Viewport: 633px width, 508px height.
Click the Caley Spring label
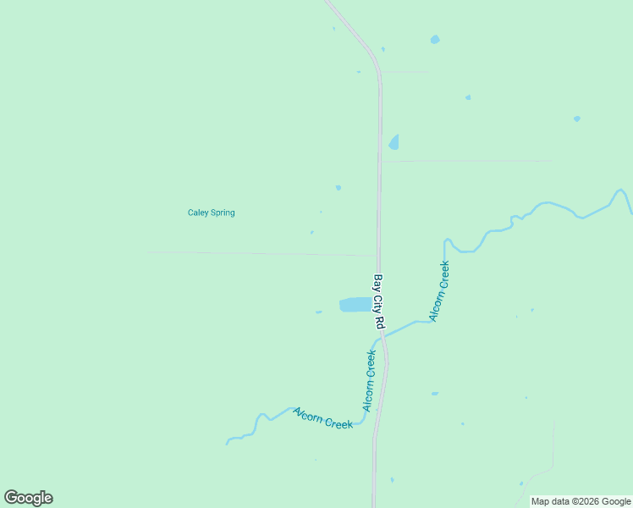click(211, 213)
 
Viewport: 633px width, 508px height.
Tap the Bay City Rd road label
click(379, 301)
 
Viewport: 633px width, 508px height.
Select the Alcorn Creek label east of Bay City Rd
click(439, 291)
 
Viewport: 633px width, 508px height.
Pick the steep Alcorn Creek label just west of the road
click(370, 380)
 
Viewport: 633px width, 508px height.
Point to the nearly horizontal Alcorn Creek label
click(322, 418)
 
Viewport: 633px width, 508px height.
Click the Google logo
click(29, 498)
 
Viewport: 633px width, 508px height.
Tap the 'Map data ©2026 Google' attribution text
click(581, 501)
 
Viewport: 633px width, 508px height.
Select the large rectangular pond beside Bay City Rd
click(355, 305)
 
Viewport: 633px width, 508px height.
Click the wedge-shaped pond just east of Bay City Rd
click(394, 142)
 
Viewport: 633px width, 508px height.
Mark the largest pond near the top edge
click(435, 40)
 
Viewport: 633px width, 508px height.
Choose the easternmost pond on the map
click(576, 119)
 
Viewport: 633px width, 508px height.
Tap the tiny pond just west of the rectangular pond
click(318, 312)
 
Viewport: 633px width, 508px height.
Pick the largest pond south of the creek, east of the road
click(435, 394)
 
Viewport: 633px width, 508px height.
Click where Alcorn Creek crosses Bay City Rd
click(382, 335)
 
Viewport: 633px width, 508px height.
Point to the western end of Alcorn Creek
click(228, 443)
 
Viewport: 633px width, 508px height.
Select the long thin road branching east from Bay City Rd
click(465, 160)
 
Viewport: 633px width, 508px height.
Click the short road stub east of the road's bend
click(404, 72)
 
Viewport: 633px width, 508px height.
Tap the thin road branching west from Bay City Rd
click(262, 253)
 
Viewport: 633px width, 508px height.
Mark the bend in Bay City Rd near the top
click(373, 54)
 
